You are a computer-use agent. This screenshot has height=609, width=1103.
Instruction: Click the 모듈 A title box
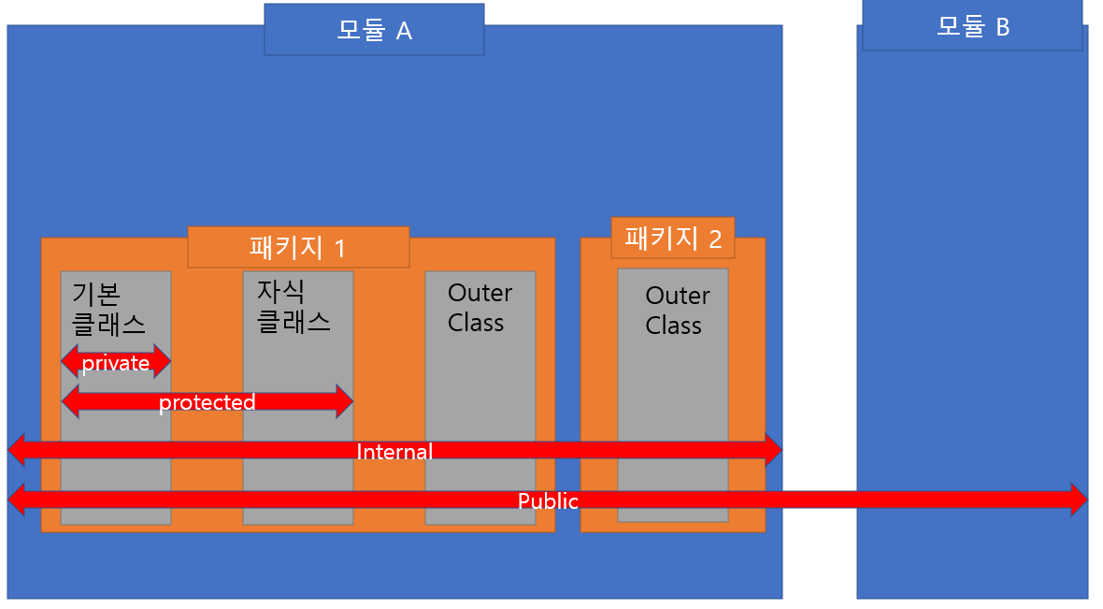pyautogui.click(x=374, y=30)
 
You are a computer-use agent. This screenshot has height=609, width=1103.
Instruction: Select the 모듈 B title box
pyautogui.click(x=972, y=26)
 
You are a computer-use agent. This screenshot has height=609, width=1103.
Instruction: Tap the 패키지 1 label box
pyautogui.click(x=298, y=247)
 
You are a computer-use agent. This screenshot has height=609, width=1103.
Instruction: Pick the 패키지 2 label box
pyautogui.click(x=673, y=238)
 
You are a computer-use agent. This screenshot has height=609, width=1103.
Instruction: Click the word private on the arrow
pyautogui.click(x=116, y=363)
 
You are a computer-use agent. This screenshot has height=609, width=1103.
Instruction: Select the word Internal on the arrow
pyautogui.click(x=394, y=452)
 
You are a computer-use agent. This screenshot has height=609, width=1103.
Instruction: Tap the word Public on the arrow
pyautogui.click(x=549, y=501)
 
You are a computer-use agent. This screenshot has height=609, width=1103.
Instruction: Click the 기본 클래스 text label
pyautogui.click(x=108, y=308)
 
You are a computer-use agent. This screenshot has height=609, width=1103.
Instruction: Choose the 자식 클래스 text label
pyautogui.click(x=294, y=306)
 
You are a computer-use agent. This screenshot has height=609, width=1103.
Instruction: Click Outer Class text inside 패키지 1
pyautogui.click(x=480, y=308)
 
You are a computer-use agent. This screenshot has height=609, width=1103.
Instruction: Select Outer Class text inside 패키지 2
pyautogui.click(x=677, y=311)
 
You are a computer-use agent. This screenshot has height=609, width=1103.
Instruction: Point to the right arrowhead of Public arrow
pyautogui.click(x=1078, y=500)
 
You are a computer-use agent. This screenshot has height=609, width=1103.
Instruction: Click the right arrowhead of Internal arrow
pyautogui.click(x=772, y=451)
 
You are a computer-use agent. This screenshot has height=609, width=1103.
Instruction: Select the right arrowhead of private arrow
pyautogui.click(x=162, y=360)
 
